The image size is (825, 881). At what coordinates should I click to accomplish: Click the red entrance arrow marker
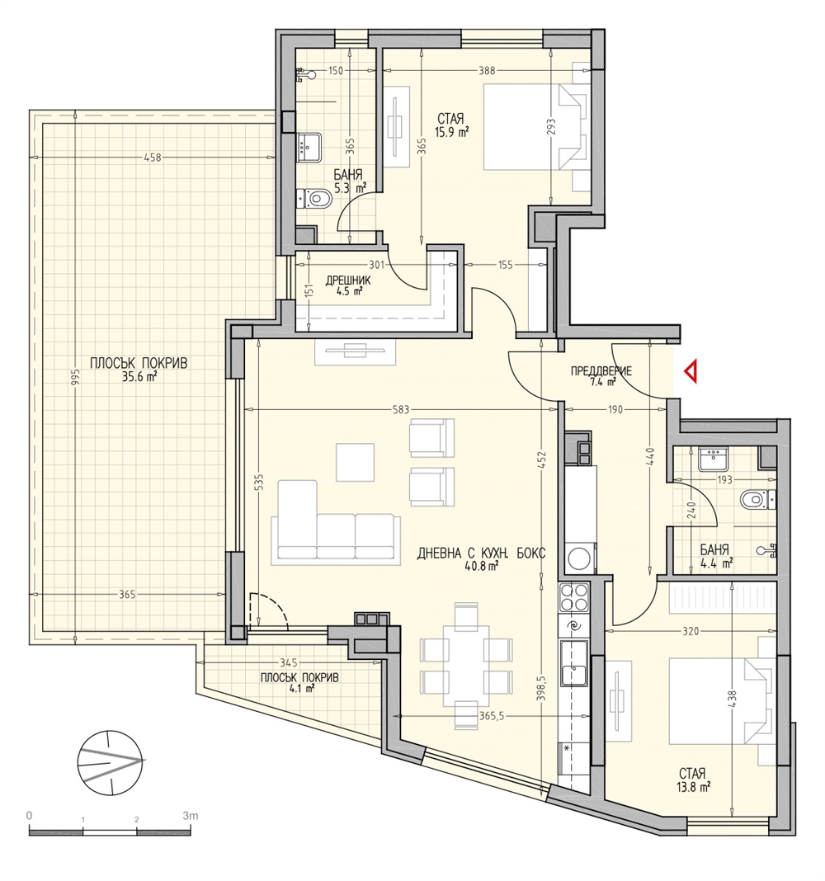coord(691,372)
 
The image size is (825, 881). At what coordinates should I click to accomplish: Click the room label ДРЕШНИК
coord(348,280)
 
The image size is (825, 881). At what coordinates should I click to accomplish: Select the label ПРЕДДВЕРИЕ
coord(601,371)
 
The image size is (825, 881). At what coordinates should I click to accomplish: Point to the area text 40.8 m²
coord(482,567)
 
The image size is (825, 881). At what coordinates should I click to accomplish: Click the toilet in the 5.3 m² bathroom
coord(314,198)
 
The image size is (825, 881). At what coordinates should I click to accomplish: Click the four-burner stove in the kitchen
coord(573,596)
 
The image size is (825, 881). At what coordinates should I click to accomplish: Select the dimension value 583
coord(401,410)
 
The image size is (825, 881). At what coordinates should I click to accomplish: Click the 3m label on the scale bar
coord(190,815)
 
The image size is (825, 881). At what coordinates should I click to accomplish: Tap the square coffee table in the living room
coord(356,462)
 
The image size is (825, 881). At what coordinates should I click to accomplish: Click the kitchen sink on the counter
coord(574,664)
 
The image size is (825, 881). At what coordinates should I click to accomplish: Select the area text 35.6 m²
coord(139,377)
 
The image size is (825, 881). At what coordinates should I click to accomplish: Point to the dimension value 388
coord(487,71)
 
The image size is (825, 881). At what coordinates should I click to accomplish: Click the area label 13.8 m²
coord(694,787)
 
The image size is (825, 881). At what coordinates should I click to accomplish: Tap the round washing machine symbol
coord(578,558)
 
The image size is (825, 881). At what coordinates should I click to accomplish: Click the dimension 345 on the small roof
coord(288,663)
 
